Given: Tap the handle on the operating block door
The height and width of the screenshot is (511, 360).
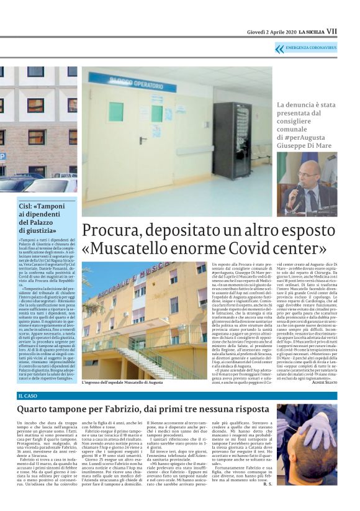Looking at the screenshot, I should [x=143, y=140].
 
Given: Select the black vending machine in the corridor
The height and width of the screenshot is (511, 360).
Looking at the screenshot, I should [x=231, y=140].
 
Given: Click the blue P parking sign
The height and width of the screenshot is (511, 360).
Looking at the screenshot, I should [x=2, y=156].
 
